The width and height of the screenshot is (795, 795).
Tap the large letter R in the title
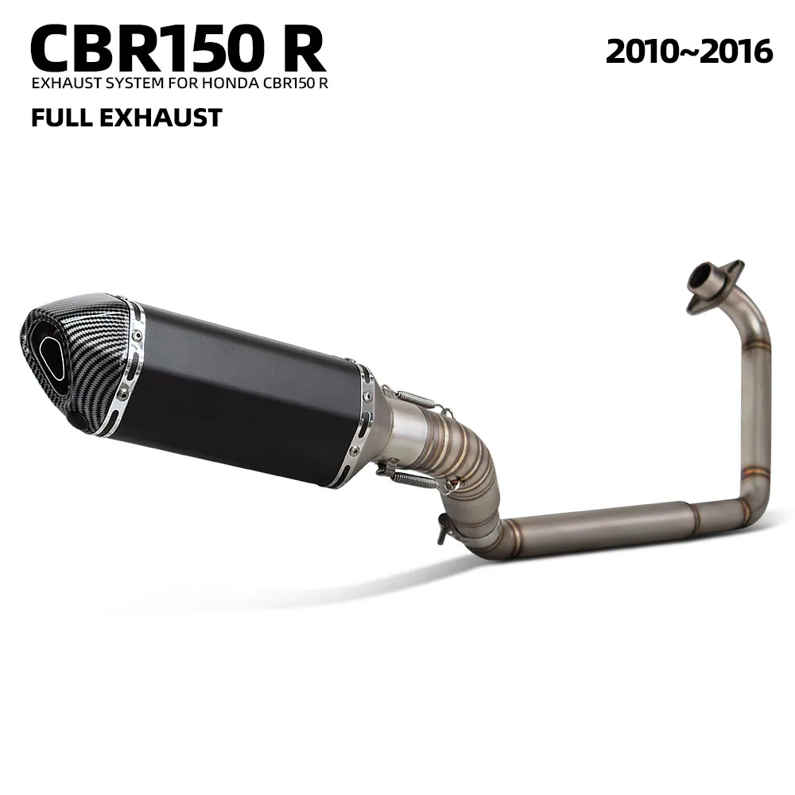pyautogui.click(x=301, y=48)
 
